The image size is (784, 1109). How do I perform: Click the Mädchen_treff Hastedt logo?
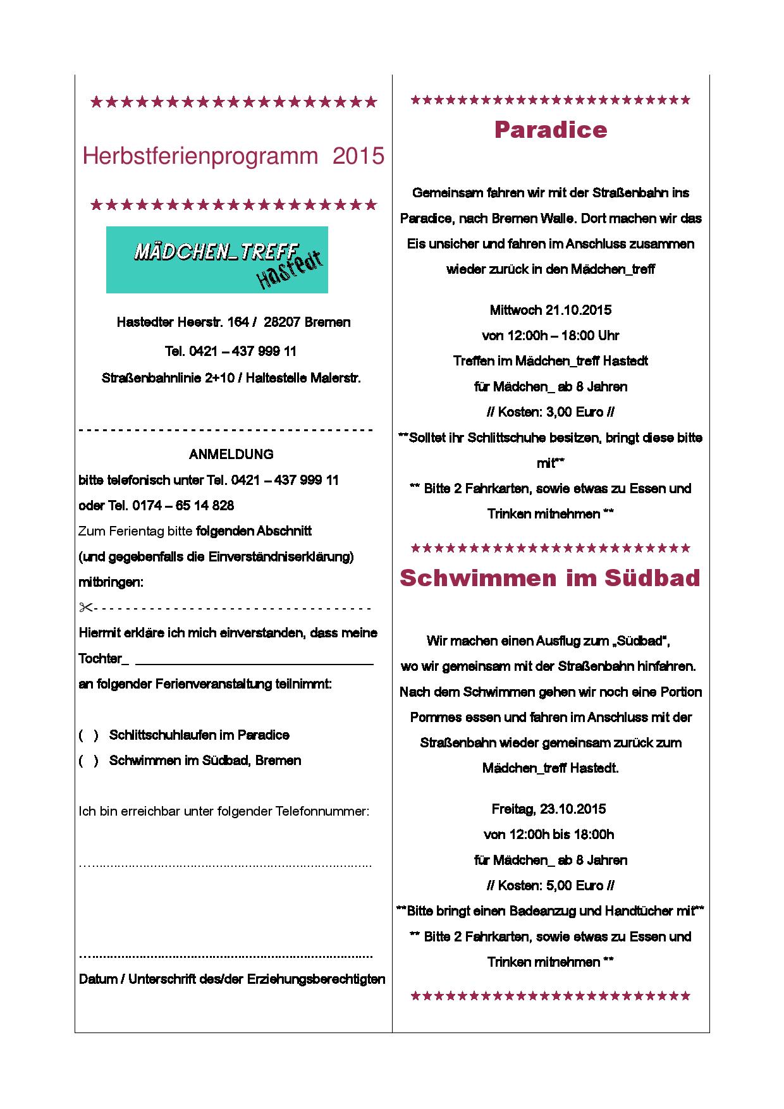pos(217,260)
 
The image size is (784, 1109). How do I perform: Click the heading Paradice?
pos(550,130)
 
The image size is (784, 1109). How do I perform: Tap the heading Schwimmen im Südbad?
pos(550,578)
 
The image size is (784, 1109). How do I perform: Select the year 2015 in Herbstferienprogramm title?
pos(358,156)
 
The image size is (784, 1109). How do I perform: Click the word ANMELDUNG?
pos(231,454)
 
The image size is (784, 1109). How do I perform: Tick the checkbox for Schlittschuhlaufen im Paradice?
pos(89,735)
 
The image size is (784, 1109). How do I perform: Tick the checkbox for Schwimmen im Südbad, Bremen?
pos(89,761)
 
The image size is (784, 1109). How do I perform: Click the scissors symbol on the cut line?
pos(85,608)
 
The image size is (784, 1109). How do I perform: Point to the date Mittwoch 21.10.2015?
pos(550,310)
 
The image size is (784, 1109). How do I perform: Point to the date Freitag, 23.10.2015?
pos(549,809)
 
